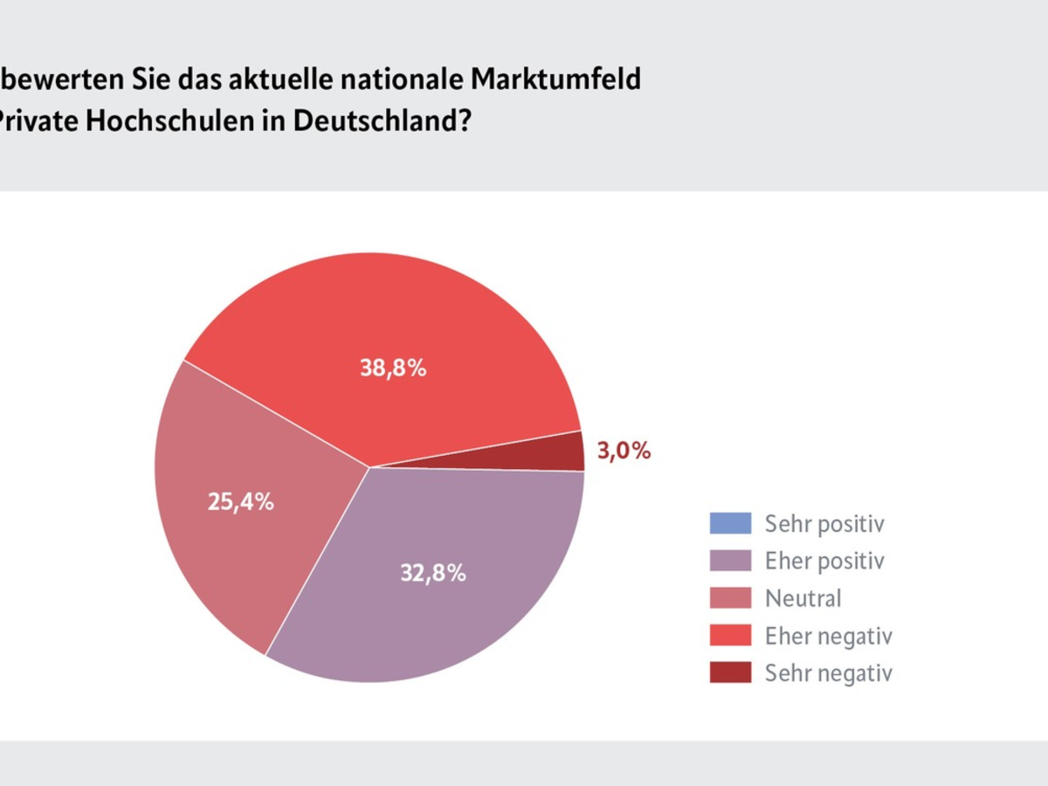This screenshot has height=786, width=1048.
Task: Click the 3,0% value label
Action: pyautogui.click(x=624, y=452)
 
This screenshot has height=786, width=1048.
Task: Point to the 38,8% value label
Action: pyautogui.click(x=393, y=368)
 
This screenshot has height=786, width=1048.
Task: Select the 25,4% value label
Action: pyautogui.click(x=241, y=502)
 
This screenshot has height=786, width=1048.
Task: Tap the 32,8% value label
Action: pyautogui.click(x=432, y=574)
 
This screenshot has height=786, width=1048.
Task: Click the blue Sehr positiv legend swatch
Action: pyautogui.click(x=730, y=523)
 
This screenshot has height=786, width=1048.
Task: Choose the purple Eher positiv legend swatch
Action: pyautogui.click(x=730, y=561)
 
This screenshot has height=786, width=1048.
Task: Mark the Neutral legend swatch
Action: pyautogui.click(x=730, y=598)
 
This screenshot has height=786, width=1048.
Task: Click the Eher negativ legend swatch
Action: pyautogui.click(x=730, y=636)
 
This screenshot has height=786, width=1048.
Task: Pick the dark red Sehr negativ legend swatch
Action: pyautogui.click(x=730, y=672)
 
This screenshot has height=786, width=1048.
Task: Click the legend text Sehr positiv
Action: pyautogui.click(x=824, y=524)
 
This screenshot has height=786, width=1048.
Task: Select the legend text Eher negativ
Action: pyautogui.click(x=829, y=636)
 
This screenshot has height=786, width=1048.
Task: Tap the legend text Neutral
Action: pyautogui.click(x=803, y=598)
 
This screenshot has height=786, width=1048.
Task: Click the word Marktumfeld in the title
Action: pyautogui.click(x=556, y=79)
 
